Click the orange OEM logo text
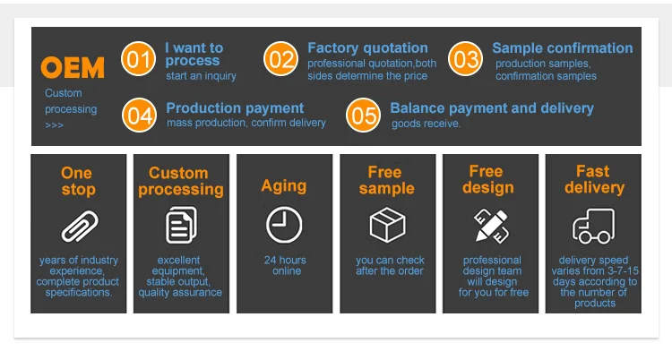(x=73, y=67)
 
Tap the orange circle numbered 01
(x=138, y=59)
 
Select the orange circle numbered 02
(x=280, y=59)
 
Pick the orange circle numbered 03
(x=465, y=59)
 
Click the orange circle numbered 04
(x=139, y=115)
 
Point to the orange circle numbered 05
(x=363, y=115)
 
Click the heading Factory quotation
(x=367, y=47)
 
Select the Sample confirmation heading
(x=563, y=47)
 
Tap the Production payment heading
(x=235, y=108)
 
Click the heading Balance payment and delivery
(x=492, y=108)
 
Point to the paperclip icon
(x=80, y=227)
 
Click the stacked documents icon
(x=181, y=225)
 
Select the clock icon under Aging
(x=284, y=225)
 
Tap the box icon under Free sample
(x=387, y=225)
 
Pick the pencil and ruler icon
(x=491, y=226)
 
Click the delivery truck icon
(x=593, y=226)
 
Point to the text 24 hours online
(x=286, y=265)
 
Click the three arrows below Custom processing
(x=54, y=125)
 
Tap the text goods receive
(x=426, y=124)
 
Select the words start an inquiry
(x=201, y=76)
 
